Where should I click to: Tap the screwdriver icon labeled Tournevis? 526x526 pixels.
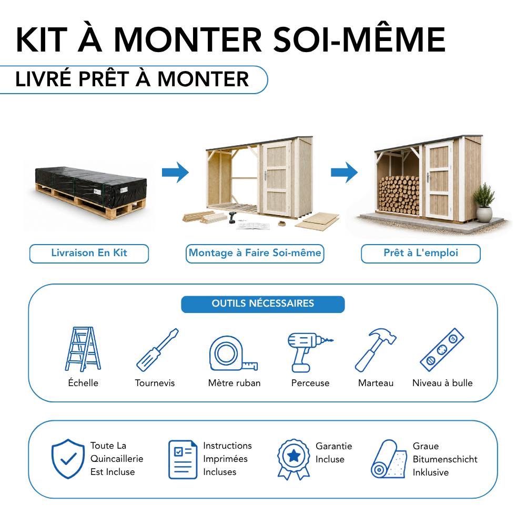click(x=157, y=350)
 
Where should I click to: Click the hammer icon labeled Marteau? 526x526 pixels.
click(x=376, y=350)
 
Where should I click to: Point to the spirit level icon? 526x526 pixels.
click(x=442, y=350)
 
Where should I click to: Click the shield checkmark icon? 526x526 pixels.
click(x=68, y=459)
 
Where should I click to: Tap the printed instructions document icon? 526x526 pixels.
click(x=183, y=459)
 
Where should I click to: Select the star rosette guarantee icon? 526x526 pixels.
click(x=294, y=459)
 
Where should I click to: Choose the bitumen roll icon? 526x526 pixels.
click(x=389, y=459)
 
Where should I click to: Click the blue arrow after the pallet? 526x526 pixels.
click(x=175, y=173)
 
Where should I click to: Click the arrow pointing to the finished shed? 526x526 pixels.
click(x=344, y=173)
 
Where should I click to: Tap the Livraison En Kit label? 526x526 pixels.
click(x=89, y=254)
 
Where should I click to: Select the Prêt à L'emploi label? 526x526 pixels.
click(x=421, y=254)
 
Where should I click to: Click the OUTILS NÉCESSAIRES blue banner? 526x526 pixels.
click(x=262, y=304)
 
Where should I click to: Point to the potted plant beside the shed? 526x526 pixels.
click(x=483, y=203)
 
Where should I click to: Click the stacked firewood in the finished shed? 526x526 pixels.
click(x=399, y=195)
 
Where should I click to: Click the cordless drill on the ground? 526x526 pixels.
click(x=232, y=218)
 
